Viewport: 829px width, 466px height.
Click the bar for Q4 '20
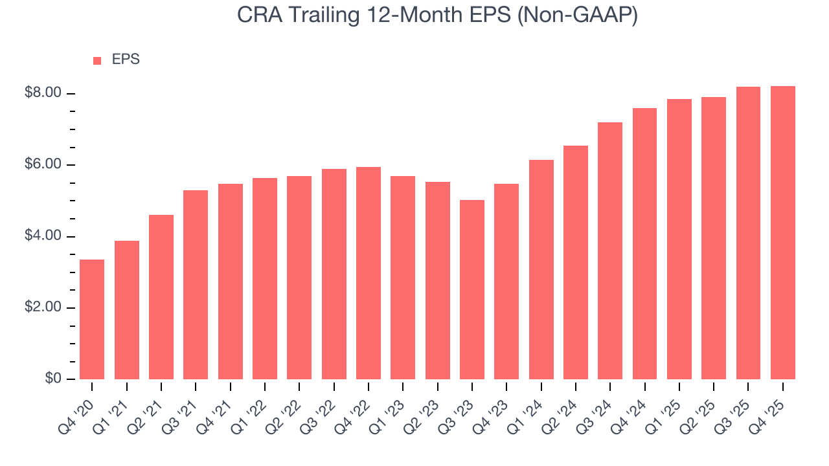(92, 319)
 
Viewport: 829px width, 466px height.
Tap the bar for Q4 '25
(783, 232)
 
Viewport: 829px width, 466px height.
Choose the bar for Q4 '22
(369, 272)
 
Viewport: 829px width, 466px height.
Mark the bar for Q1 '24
(541, 269)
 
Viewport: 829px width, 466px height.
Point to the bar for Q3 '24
(610, 250)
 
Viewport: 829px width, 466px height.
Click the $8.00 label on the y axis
(42, 93)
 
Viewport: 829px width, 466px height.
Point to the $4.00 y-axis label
(42, 236)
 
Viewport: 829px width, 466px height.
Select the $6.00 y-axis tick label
(42, 165)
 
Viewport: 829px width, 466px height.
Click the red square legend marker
(97, 60)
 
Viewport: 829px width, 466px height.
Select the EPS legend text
(126, 60)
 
